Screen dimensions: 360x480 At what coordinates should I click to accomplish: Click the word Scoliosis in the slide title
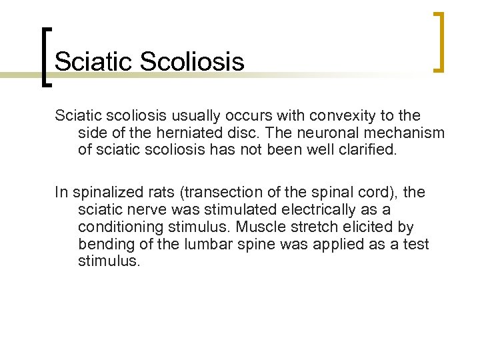click(x=193, y=62)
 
